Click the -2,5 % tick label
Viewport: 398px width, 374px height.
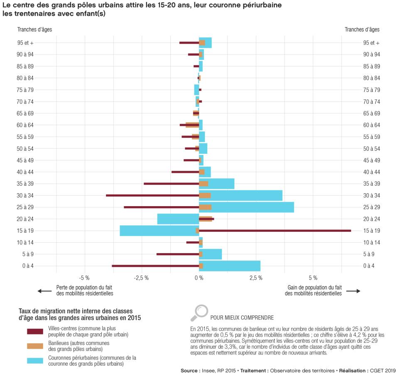coord(141,278)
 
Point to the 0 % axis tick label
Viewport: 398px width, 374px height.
coord(199,278)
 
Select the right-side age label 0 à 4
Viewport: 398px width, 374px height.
coord(369,266)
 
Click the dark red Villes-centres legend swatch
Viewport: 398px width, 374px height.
coord(35,331)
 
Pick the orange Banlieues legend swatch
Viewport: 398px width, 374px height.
coord(35,346)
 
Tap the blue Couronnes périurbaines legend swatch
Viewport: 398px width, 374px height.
coord(35,360)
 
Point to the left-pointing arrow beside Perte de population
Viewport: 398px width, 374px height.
coord(44,291)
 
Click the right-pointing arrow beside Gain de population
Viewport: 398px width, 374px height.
coord(353,291)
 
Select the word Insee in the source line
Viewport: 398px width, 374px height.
coord(209,370)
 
